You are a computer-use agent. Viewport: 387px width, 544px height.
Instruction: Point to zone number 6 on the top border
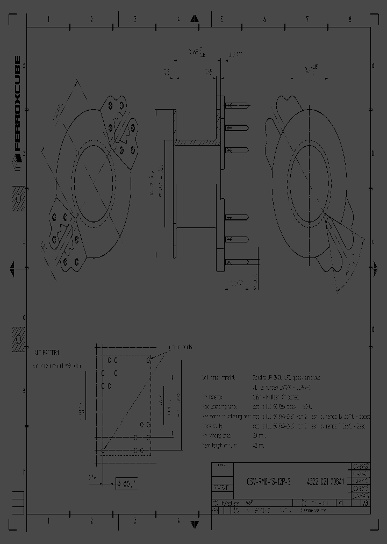[x=264, y=20]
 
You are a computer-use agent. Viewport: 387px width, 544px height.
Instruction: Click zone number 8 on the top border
[x=349, y=20]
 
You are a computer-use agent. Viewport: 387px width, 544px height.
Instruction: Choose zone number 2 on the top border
[x=91, y=20]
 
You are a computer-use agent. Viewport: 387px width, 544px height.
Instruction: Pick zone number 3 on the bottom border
[x=134, y=520]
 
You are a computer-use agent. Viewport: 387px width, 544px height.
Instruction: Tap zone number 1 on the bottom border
[x=48, y=520]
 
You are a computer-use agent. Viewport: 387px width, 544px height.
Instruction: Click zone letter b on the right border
[x=372, y=153]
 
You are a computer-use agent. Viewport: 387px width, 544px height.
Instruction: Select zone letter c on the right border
[x=372, y=241]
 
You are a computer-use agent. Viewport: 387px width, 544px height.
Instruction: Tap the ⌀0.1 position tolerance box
[x=127, y=483]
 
